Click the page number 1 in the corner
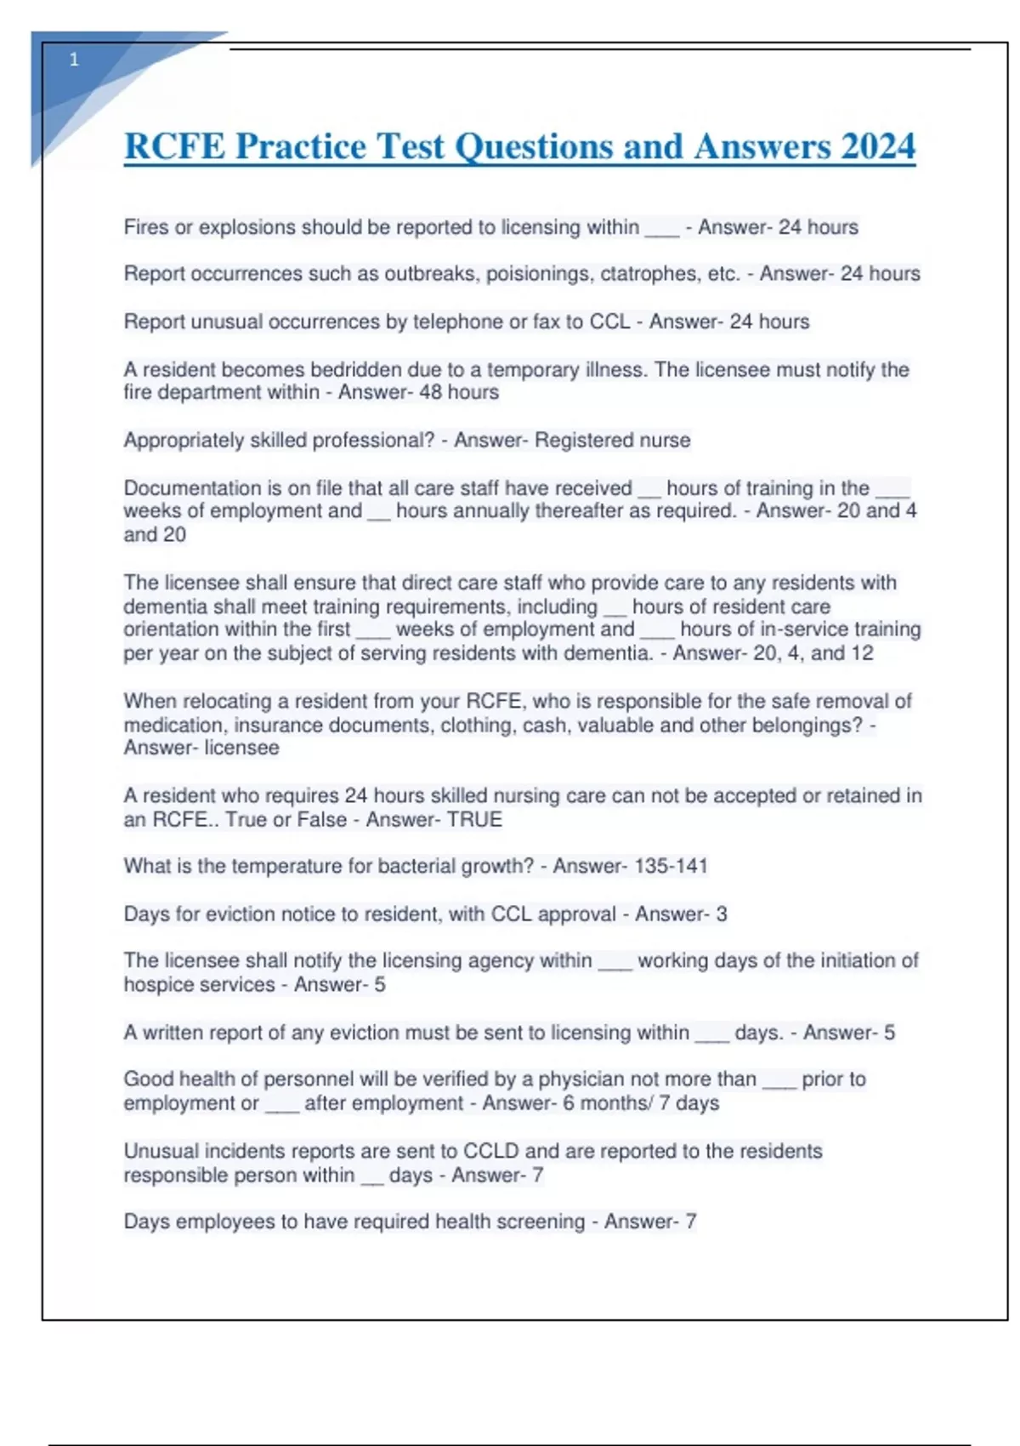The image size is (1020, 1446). (x=74, y=60)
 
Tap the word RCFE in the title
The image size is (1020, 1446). (x=175, y=146)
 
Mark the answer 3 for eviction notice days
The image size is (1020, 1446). (x=721, y=914)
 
